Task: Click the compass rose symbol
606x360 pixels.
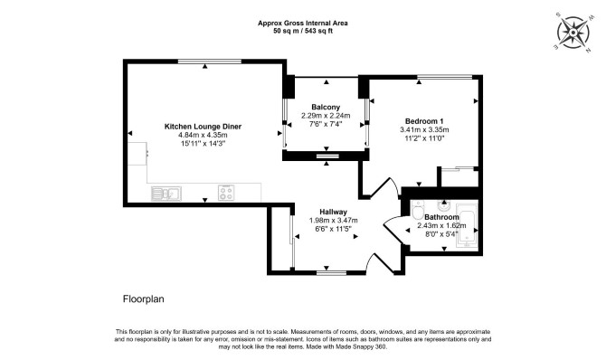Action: click(573, 33)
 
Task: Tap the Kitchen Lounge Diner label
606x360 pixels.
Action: click(203, 127)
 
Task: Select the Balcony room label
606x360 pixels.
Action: click(326, 107)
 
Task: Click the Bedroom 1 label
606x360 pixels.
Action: click(424, 121)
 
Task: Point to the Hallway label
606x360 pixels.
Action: click(333, 212)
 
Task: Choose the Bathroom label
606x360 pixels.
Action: click(441, 217)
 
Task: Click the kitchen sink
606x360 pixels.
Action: click(166, 194)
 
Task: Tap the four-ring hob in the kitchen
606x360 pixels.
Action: click(226, 193)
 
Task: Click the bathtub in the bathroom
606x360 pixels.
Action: click(468, 224)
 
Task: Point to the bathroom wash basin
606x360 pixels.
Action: click(443, 204)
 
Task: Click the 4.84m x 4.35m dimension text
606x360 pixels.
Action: click(203, 135)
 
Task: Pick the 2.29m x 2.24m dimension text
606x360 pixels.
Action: click(326, 116)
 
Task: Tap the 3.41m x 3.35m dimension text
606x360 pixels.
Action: click(424, 130)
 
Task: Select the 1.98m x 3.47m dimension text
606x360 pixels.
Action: click(333, 221)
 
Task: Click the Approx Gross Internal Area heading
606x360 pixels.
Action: click(303, 24)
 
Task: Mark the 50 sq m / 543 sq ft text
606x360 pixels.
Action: click(303, 32)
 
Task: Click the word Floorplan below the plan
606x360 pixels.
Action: click(144, 298)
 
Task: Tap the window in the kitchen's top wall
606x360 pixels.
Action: click(210, 62)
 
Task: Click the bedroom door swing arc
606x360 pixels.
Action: click(395, 185)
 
